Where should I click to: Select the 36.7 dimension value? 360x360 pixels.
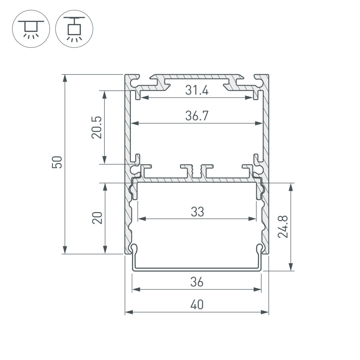(197, 116)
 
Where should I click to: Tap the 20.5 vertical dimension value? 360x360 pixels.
(97, 127)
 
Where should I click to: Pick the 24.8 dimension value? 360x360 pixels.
(284, 226)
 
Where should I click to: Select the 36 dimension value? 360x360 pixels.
(197, 282)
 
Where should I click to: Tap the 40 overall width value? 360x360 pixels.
(197, 305)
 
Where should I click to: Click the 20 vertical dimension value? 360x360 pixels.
(98, 218)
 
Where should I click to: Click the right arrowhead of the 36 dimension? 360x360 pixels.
(258, 289)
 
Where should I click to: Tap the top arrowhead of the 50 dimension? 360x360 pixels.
(64, 78)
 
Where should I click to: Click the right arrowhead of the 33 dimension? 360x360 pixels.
(253, 218)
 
